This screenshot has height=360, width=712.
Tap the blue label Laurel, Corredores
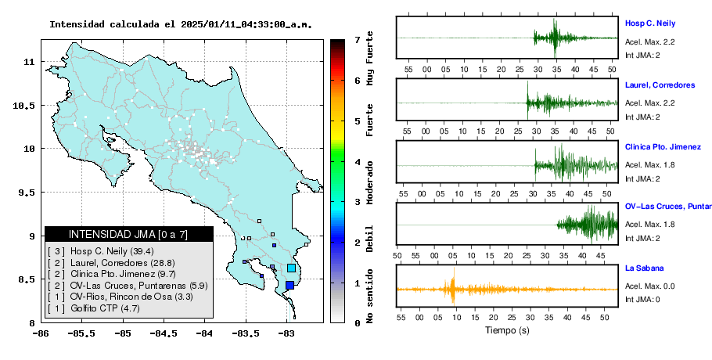point(660,85)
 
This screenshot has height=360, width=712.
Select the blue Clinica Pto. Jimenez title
point(663,146)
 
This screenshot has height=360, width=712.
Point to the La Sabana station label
point(645,268)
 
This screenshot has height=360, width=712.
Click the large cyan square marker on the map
point(292,268)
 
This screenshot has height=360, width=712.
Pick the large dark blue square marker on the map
point(289,285)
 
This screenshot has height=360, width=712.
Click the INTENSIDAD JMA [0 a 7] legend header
point(128,234)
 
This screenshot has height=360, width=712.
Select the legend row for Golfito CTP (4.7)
point(94,308)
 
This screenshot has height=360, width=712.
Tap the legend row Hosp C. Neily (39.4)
point(101,251)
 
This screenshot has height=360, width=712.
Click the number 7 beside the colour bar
point(358,40)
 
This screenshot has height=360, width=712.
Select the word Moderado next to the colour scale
point(370,182)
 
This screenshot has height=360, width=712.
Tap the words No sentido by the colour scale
point(370,296)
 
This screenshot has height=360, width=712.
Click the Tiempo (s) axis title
point(507,330)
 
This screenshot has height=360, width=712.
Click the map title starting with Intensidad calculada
point(181,24)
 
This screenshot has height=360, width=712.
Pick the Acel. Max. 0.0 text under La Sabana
point(649,286)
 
